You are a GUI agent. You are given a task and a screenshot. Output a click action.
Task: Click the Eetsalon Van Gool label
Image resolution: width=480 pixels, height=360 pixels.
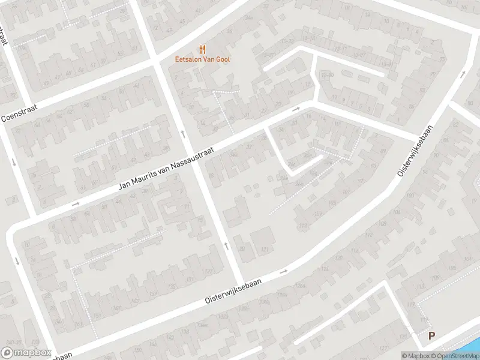point(202,59)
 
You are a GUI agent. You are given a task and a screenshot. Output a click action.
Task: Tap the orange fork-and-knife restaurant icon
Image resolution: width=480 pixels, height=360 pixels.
point(202,49)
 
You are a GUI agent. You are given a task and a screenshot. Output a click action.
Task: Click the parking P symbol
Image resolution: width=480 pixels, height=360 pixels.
point(431,337)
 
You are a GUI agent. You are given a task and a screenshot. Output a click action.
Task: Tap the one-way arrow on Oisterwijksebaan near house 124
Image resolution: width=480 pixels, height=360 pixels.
point(283,272)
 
